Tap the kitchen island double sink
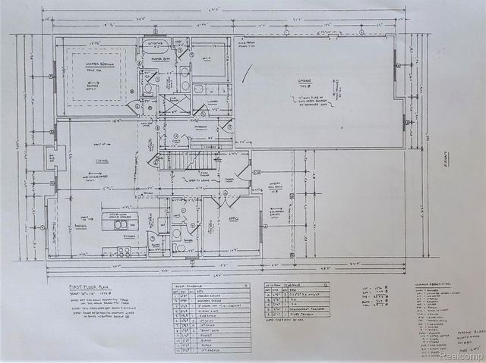(119, 224)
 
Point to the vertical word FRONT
(447, 162)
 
